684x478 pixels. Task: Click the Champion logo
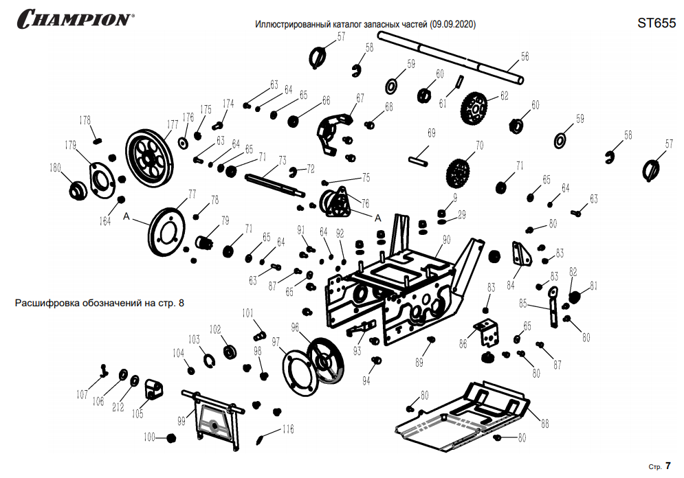click(76, 19)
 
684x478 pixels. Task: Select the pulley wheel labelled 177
click(149, 157)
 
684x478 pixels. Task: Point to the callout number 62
click(504, 95)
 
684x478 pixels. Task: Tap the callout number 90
click(446, 240)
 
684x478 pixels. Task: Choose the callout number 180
click(55, 168)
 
